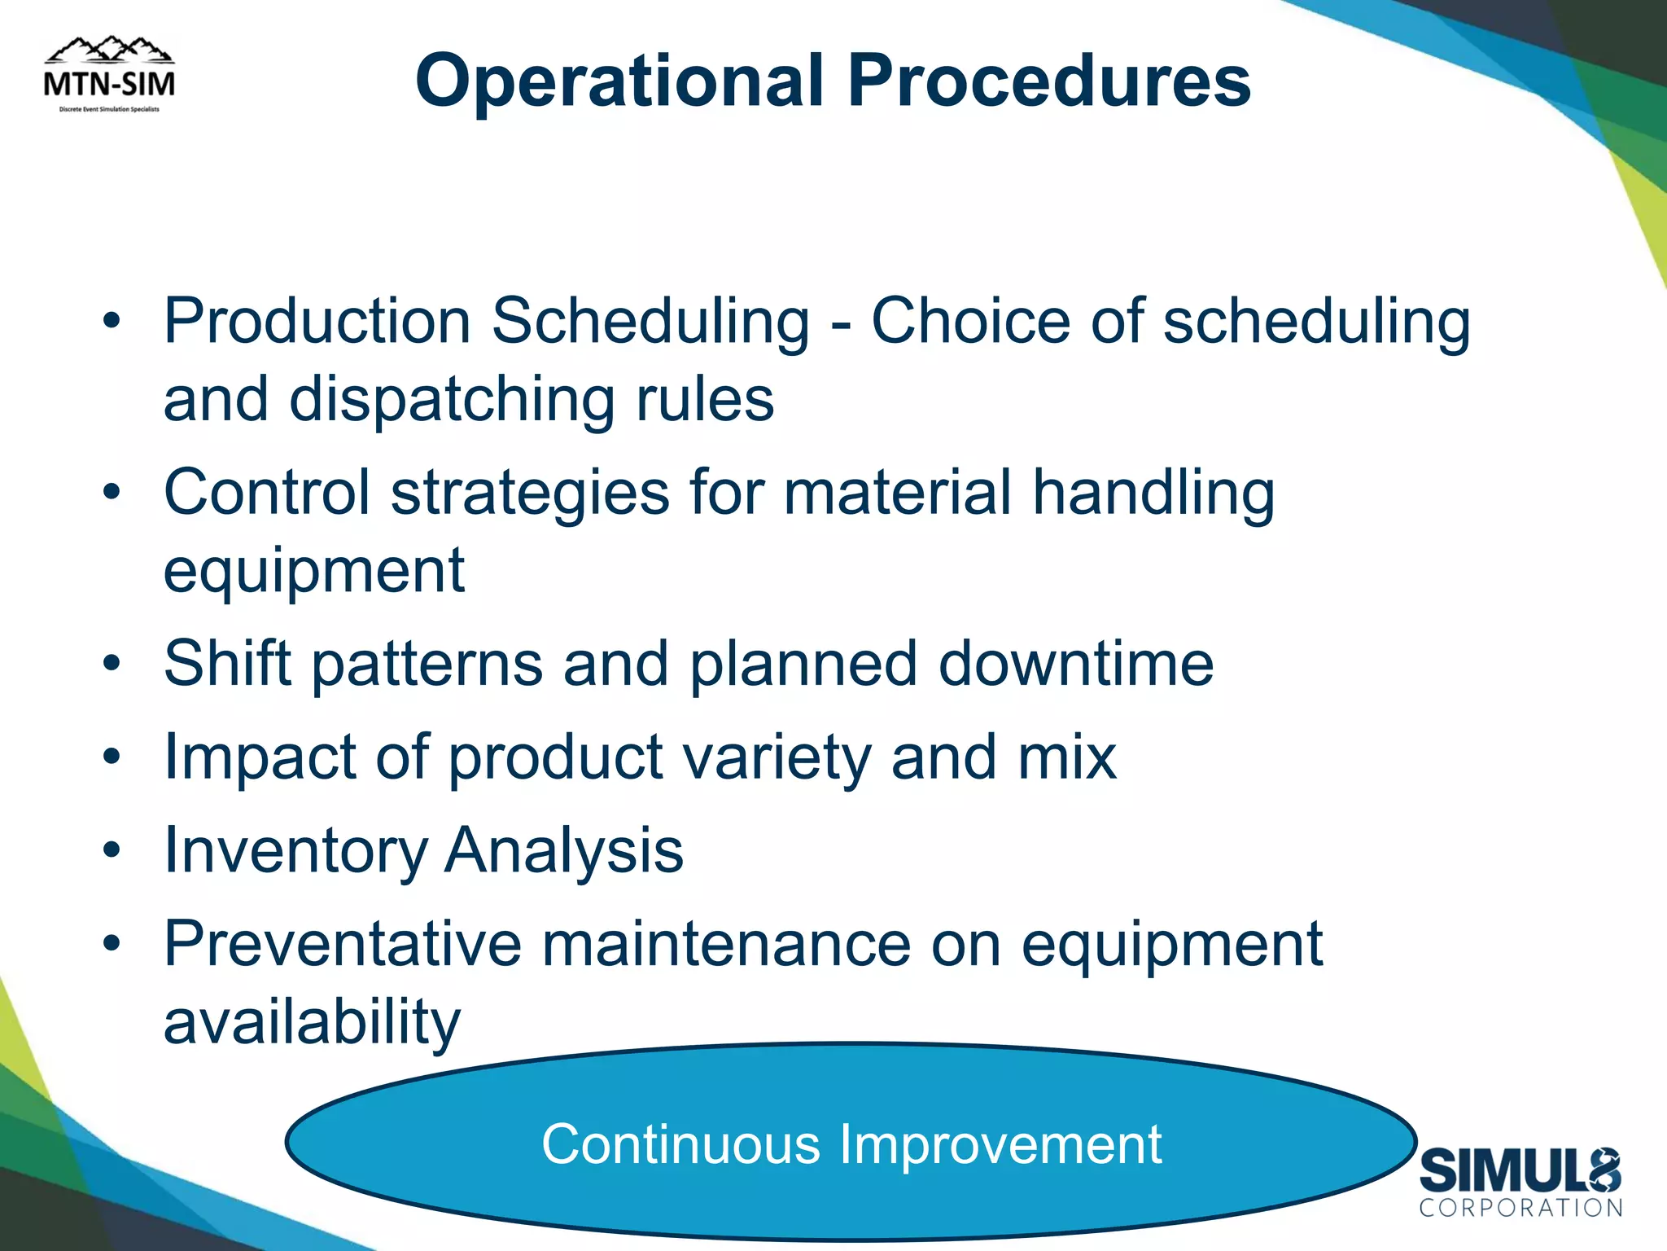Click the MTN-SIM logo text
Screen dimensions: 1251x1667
[109, 84]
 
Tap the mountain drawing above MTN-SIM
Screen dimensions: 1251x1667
[109, 50]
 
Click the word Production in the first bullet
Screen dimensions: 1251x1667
[317, 321]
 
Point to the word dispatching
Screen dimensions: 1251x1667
[452, 400]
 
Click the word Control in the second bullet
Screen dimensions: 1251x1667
[267, 492]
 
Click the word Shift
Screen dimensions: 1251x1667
[227, 663]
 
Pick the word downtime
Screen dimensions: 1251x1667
[1075, 663]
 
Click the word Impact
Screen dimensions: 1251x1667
[259, 758]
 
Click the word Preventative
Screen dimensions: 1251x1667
[342, 945]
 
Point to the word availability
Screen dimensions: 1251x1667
[312, 1023]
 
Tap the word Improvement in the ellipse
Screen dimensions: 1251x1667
[1000, 1144]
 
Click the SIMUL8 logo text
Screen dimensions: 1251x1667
[1520, 1171]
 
